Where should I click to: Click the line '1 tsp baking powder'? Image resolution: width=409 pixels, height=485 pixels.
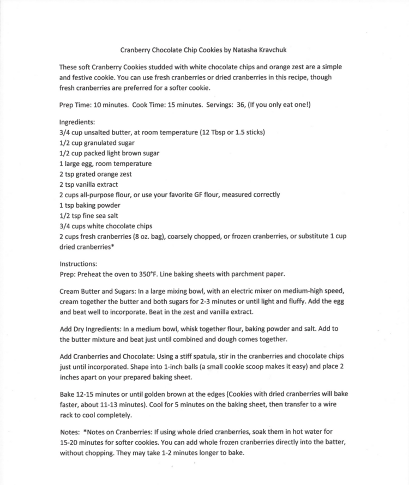(91, 205)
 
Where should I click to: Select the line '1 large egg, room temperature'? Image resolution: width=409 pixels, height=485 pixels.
(105, 163)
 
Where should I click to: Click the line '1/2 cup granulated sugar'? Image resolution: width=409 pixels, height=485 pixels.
(97, 143)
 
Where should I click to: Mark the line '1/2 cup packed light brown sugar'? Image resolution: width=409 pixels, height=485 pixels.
(109, 153)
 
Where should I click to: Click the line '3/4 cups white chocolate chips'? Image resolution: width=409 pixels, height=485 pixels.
(106, 226)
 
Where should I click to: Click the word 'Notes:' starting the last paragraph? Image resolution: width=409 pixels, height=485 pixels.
(70, 432)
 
